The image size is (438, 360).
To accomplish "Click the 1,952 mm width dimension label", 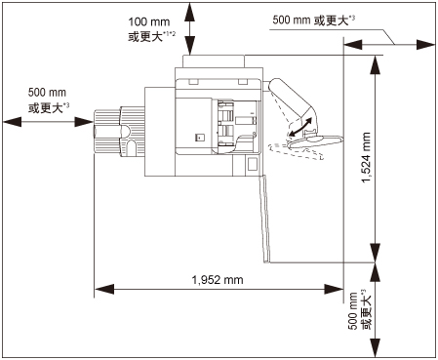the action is (218, 280).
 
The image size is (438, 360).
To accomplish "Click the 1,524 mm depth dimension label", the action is (366, 157).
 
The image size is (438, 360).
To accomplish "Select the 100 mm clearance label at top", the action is (149, 22).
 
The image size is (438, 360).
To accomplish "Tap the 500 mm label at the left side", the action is (47, 93).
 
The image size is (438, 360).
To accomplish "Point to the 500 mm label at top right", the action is (292, 20).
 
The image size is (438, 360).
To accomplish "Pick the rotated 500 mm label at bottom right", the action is (353, 311).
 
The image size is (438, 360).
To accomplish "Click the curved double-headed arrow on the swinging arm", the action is (300, 127).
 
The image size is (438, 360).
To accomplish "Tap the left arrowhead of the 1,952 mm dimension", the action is (104, 289).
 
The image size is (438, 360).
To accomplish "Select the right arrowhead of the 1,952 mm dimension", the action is (334, 289).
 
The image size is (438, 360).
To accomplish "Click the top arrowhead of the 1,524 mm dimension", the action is (376, 65).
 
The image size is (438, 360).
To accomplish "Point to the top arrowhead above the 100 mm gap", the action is (190, 13).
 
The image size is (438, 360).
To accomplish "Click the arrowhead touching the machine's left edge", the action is (84, 122).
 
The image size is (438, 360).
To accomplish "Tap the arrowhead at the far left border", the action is (13, 122).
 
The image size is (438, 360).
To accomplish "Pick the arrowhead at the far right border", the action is (426, 45).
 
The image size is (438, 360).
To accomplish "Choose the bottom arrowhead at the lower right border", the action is (376, 348).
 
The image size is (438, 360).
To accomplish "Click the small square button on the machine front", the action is (199, 138).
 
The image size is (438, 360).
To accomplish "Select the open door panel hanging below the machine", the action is (265, 219).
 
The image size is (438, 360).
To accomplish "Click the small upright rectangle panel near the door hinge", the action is (253, 165).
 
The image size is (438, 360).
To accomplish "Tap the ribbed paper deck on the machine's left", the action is (119, 131).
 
